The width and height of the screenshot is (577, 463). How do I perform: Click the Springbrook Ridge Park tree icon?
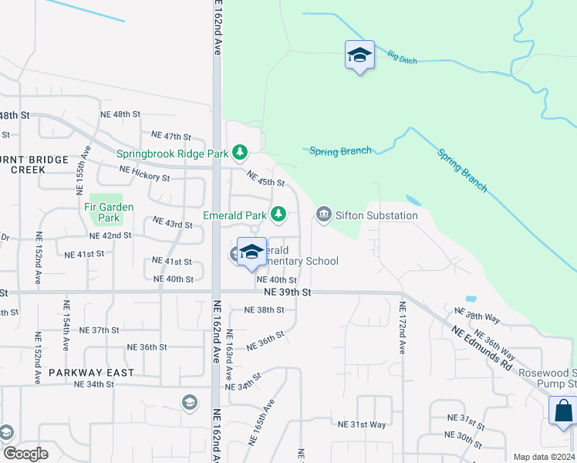(x=241, y=152)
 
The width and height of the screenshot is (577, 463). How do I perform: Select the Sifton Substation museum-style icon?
(x=323, y=215)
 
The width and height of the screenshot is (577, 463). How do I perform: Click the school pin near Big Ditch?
(x=359, y=56)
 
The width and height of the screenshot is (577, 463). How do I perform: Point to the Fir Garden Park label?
(x=109, y=213)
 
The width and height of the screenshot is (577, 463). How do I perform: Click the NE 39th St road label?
(x=287, y=293)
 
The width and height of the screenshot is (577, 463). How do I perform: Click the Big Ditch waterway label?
(x=403, y=56)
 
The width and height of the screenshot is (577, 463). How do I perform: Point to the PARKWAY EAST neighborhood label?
(x=91, y=372)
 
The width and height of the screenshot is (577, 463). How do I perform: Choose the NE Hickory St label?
(x=144, y=174)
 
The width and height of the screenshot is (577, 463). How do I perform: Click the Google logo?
(x=25, y=454)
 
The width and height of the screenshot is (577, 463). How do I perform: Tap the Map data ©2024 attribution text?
(x=544, y=457)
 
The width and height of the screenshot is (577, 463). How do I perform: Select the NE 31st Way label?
(x=362, y=424)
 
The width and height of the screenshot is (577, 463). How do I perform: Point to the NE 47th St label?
(x=170, y=136)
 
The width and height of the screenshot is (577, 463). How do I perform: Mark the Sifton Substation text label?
(x=376, y=215)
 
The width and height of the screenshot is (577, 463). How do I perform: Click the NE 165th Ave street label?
(x=262, y=421)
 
